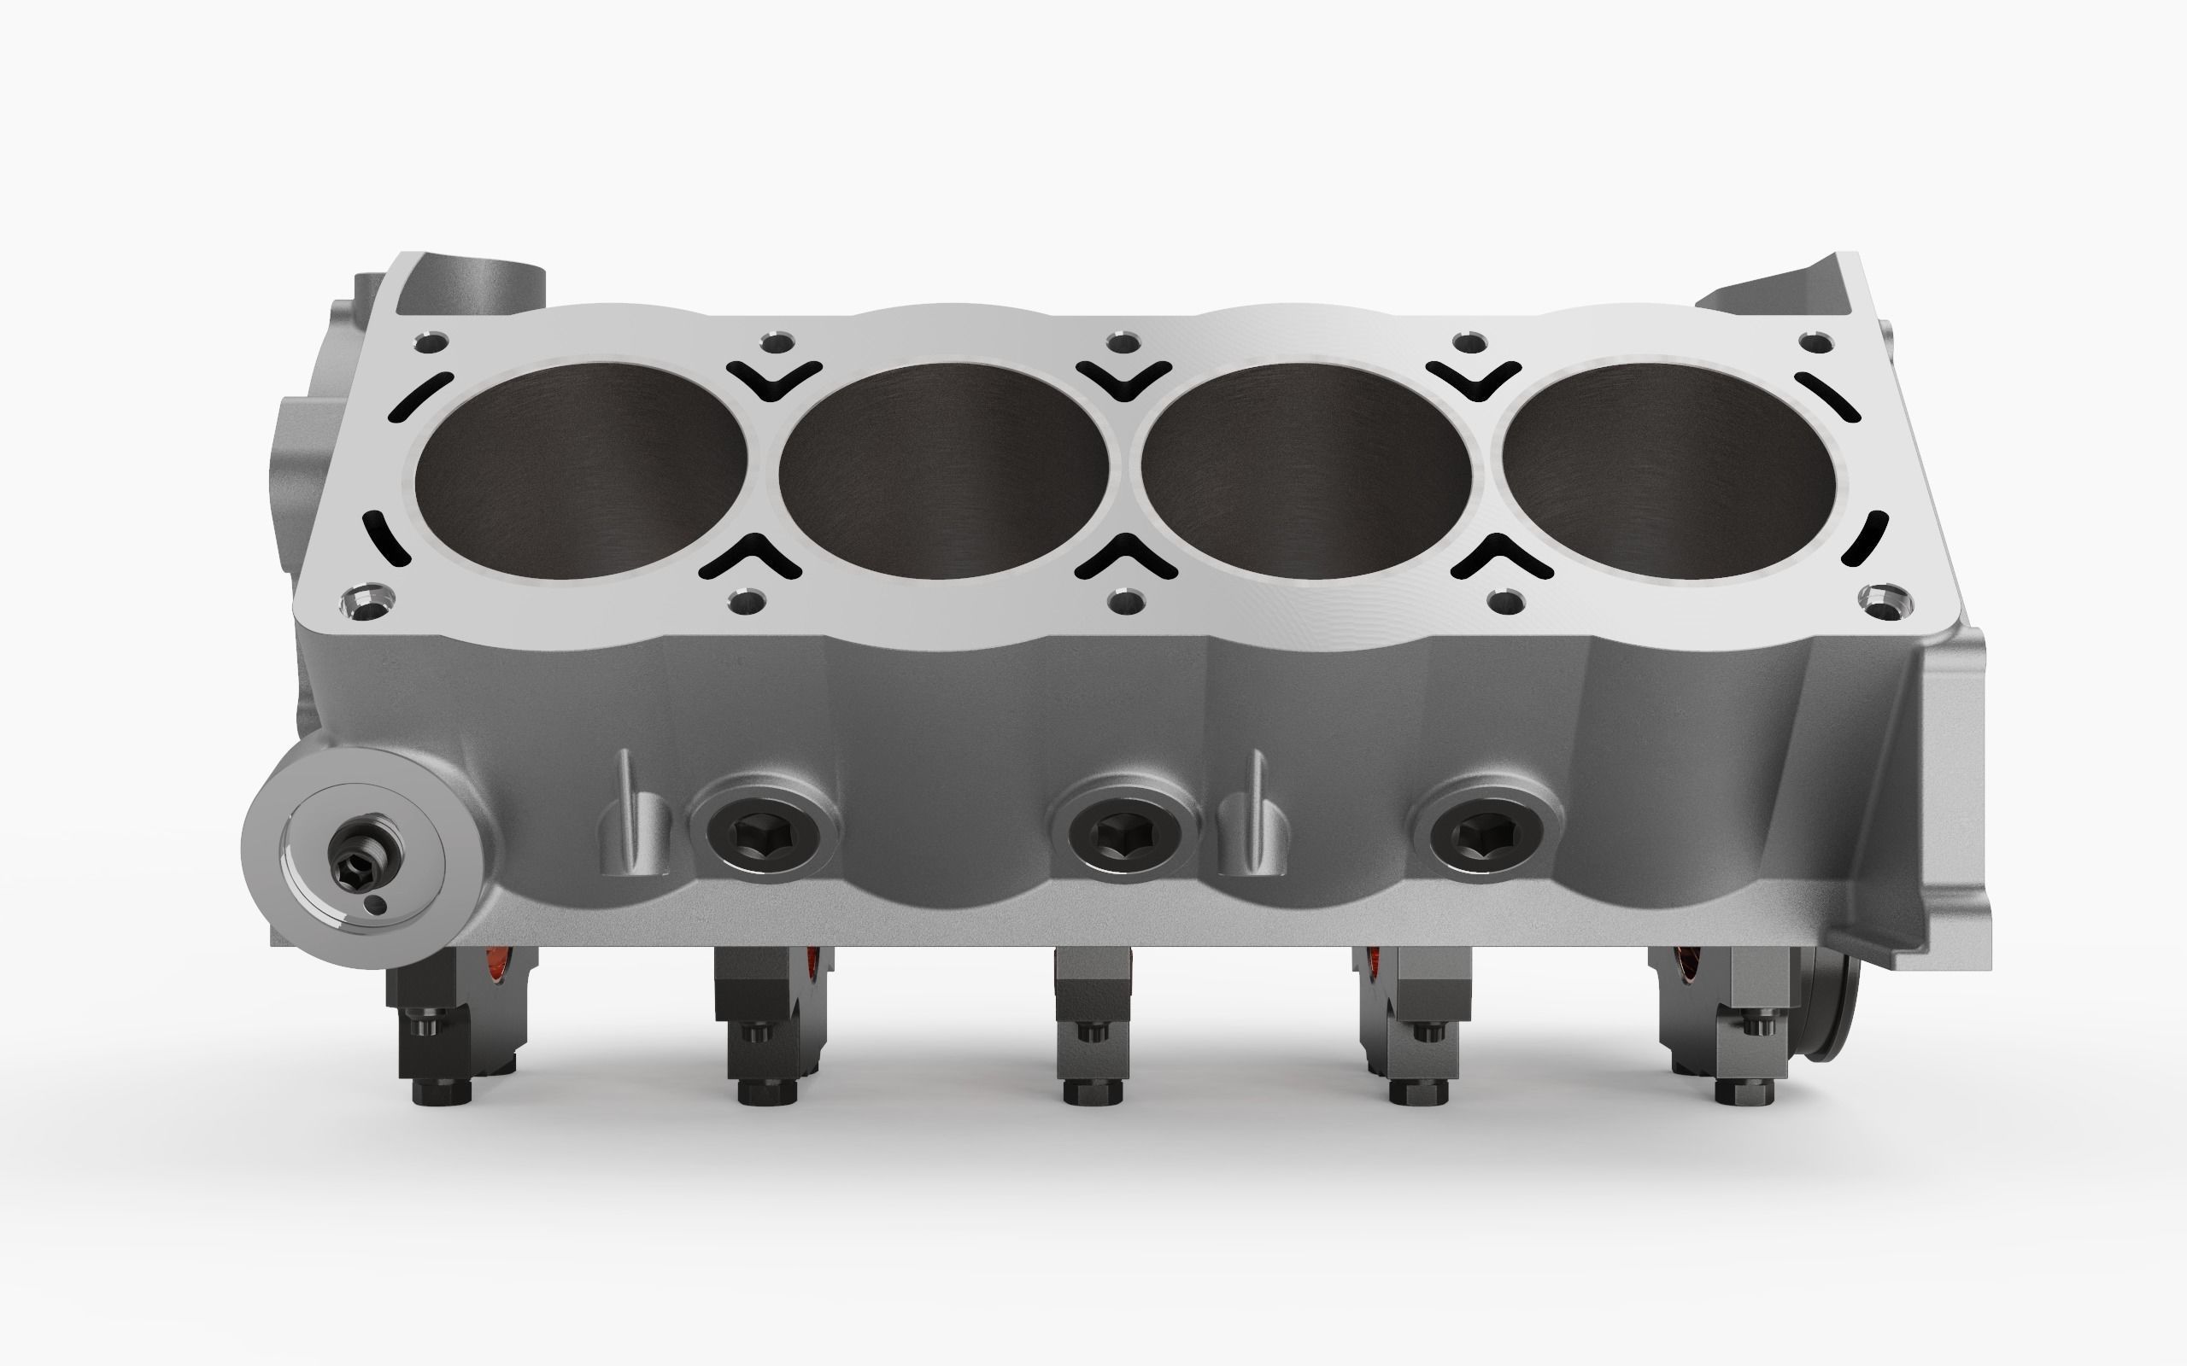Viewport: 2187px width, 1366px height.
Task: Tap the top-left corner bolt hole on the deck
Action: [x=429, y=344]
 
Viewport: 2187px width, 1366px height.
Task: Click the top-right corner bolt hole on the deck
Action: [x=1815, y=341]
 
